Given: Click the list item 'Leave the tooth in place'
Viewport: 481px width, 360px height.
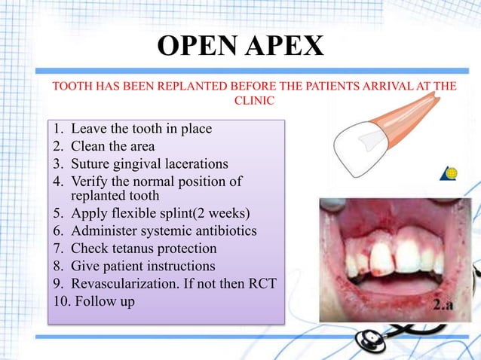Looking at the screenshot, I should click(x=141, y=129).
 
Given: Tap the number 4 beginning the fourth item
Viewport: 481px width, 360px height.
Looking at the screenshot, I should click(x=57, y=182).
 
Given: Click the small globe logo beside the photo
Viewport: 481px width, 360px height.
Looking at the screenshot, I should click(x=451, y=174).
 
